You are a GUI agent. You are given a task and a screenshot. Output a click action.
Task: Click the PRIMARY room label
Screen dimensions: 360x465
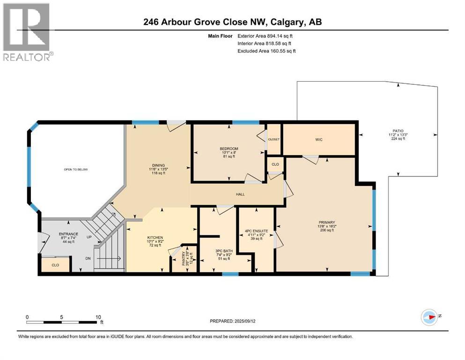pyautogui.click(x=327, y=223)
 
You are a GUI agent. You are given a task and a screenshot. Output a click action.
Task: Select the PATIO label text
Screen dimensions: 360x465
pyautogui.click(x=398, y=131)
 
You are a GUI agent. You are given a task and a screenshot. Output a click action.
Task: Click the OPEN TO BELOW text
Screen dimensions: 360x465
pyautogui.click(x=76, y=170)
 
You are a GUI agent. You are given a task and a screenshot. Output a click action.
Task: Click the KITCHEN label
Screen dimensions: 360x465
pyautogui.click(x=155, y=238)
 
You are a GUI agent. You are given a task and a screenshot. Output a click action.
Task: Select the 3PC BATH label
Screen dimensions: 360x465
pyautogui.click(x=223, y=251)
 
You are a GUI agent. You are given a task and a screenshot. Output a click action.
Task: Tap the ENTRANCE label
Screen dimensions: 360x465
pyautogui.click(x=68, y=234)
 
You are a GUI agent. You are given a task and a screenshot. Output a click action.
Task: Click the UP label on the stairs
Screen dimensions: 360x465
pyautogui.click(x=89, y=237)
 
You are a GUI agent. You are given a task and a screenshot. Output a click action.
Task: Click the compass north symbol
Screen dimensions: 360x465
pyautogui.click(x=429, y=317)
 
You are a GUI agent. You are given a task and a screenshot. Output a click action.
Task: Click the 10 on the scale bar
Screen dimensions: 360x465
pyautogui.click(x=98, y=317)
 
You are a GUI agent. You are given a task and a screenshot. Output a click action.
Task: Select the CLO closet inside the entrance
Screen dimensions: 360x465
pyautogui.click(x=55, y=265)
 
